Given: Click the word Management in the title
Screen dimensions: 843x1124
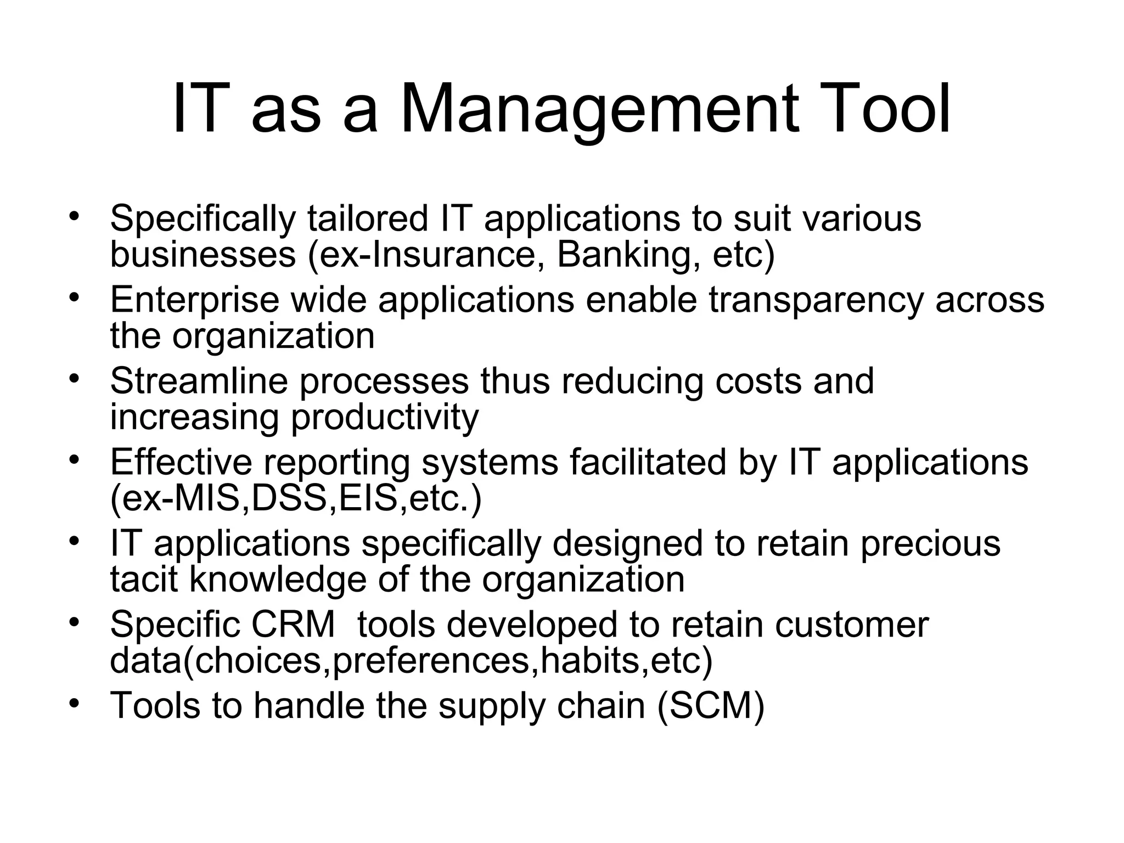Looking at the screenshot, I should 598,110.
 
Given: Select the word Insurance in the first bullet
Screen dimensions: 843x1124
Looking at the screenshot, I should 458,255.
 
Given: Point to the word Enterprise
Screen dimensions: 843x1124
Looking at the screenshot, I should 195,301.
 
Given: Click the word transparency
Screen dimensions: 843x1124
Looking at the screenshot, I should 816,301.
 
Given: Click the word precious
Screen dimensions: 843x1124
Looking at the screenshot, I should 930,543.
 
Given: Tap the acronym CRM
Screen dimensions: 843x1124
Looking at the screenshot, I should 293,624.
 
